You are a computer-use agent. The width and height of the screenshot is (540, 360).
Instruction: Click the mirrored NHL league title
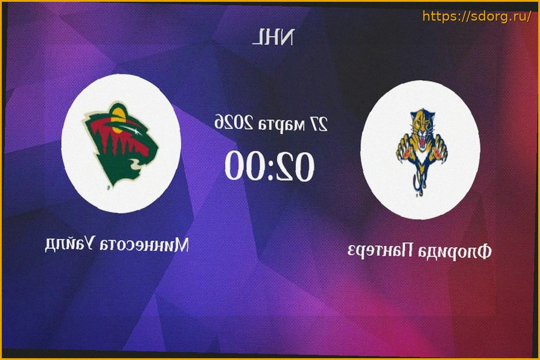coord(273,37)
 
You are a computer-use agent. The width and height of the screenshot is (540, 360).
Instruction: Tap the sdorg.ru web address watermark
coord(477,16)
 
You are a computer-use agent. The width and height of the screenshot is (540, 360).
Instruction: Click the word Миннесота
coord(144,245)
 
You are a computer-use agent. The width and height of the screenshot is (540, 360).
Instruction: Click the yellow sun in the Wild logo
coord(119,120)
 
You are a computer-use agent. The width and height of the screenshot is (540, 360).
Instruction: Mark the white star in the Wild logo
coord(138,132)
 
